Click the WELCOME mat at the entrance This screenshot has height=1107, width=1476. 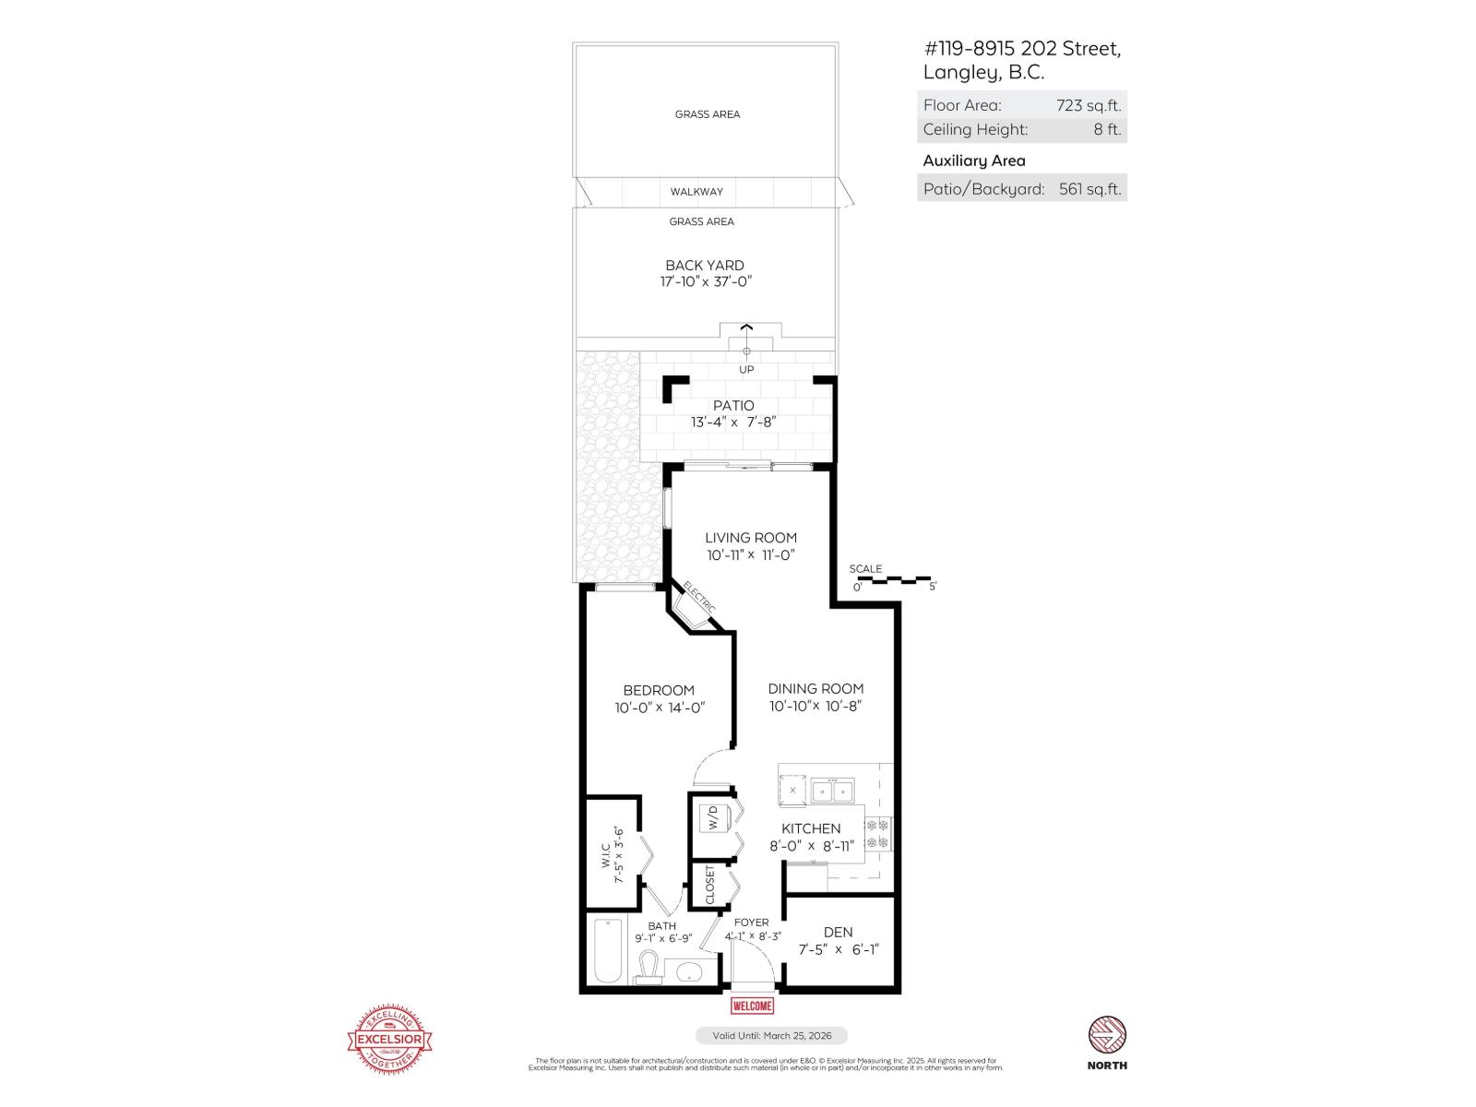coord(752,1006)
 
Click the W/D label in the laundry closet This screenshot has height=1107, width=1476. coord(711,817)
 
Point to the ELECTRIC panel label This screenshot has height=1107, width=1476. coord(699,597)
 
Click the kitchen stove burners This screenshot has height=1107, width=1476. coord(878,833)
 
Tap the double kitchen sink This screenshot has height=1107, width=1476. coord(832,791)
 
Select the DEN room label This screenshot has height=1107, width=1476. coord(838,932)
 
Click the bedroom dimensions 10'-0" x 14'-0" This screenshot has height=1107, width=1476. coord(660,708)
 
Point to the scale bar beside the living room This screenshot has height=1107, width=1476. coord(893,580)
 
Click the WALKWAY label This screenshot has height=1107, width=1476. coord(696,192)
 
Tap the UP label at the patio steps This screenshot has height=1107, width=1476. coord(746,369)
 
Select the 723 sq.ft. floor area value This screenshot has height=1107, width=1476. coord(1089,105)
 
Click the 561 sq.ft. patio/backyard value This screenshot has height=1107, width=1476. coord(1089,189)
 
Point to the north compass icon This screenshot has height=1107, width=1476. coord(1107,1035)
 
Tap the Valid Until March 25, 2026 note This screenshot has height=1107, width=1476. coord(770,1036)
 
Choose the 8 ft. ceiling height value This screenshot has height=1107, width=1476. coord(1107,130)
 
